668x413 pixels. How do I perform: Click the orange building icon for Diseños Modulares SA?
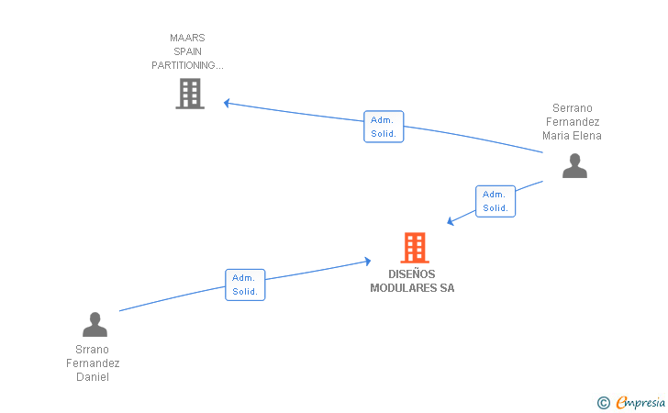[x=415, y=248]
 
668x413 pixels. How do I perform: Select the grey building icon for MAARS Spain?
[x=190, y=94]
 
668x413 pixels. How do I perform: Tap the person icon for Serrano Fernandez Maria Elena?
[x=574, y=166]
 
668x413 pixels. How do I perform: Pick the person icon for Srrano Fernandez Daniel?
[x=95, y=324]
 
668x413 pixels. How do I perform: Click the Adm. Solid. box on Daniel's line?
[x=245, y=285]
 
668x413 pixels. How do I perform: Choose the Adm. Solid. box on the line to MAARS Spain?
[x=384, y=127]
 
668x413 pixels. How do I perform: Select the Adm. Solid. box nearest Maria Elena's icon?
[x=495, y=201]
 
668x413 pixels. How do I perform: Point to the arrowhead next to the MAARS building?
[x=227, y=103]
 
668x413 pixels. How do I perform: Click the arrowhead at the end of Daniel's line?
[x=368, y=261]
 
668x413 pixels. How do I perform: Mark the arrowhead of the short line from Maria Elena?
[x=451, y=221]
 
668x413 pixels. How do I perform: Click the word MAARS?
[x=187, y=38]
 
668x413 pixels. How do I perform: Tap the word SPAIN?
[x=187, y=51]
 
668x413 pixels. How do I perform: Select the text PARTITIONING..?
[x=184, y=65]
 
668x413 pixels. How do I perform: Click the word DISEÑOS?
[x=411, y=274]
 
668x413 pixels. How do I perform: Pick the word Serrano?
[x=573, y=108]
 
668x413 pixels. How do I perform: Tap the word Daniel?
[x=93, y=377]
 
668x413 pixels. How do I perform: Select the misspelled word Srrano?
[x=92, y=350]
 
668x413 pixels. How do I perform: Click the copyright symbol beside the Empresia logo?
[x=604, y=403]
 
